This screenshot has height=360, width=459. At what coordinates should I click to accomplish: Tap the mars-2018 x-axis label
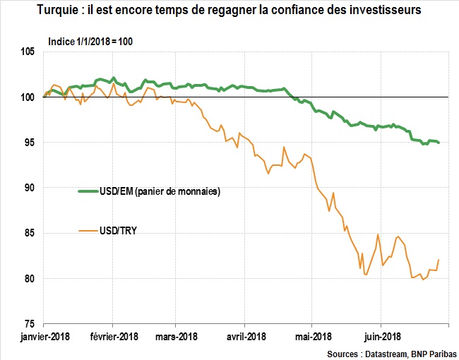pos(177,336)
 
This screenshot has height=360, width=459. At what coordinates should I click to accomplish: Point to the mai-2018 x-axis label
pos(313,336)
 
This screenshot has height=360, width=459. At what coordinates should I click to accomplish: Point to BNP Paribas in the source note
pos(432,352)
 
